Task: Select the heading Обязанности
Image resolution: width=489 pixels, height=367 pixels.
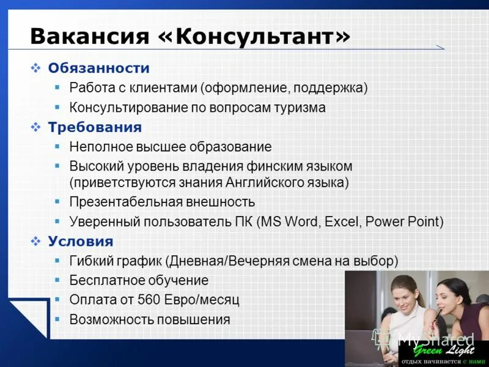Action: click(98, 68)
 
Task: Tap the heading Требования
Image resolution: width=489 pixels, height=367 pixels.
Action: click(95, 127)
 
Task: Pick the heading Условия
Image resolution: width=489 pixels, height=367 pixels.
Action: click(81, 241)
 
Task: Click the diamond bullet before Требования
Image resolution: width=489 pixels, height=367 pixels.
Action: click(35, 127)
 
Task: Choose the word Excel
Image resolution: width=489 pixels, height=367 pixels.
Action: click(340, 221)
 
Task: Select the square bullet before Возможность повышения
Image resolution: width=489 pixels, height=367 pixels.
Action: click(57, 319)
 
